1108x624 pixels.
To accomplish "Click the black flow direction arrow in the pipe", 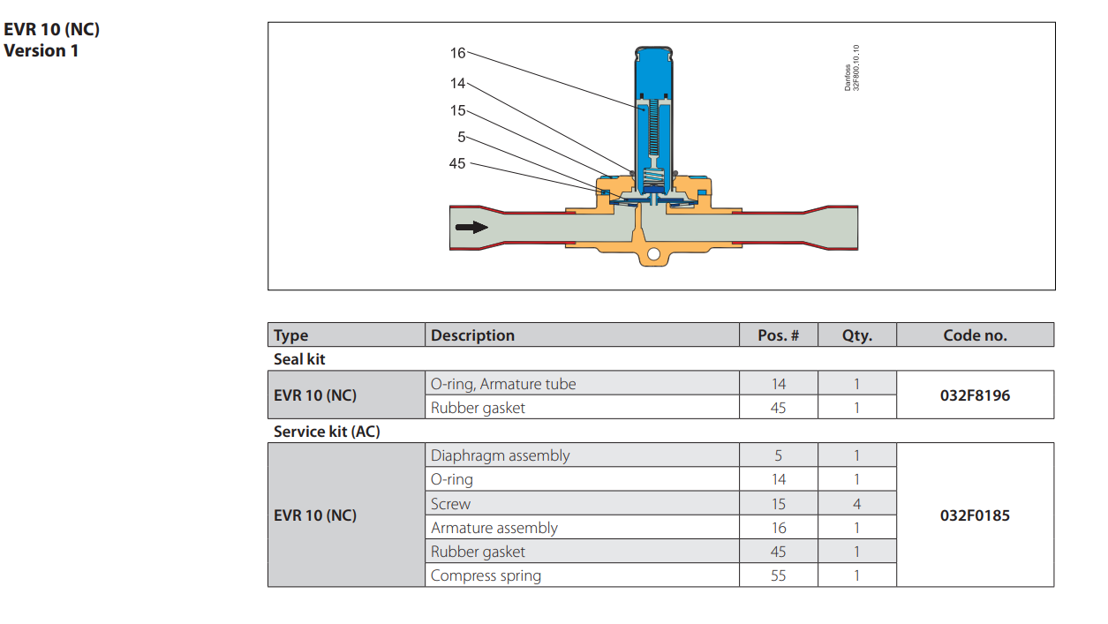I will pyautogui.click(x=471, y=227).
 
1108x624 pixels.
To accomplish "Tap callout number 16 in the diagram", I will pyautogui.click(x=457, y=53).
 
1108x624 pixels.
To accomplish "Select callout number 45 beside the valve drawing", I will pyautogui.click(x=457, y=163).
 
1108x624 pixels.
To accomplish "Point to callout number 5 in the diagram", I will pyautogui.click(x=462, y=137).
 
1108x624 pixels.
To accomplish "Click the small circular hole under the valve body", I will pyautogui.click(x=652, y=255).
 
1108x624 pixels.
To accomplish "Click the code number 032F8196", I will pyautogui.click(x=975, y=395).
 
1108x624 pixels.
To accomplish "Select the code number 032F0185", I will pyautogui.click(x=975, y=515).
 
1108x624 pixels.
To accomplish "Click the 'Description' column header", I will pyautogui.click(x=472, y=335).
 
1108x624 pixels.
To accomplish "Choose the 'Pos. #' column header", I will pyautogui.click(x=778, y=335).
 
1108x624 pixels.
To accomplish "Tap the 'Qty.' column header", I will pyautogui.click(x=856, y=335).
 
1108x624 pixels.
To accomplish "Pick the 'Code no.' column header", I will pyautogui.click(x=975, y=335).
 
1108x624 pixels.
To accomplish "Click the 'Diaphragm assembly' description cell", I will pyautogui.click(x=500, y=455).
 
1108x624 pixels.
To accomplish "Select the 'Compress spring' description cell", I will pyautogui.click(x=486, y=575).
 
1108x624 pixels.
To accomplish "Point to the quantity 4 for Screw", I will pyautogui.click(x=856, y=504).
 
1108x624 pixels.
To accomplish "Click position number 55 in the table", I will pyautogui.click(x=778, y=575).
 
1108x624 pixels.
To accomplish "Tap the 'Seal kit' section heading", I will pyautogui.click(x=299, y=359).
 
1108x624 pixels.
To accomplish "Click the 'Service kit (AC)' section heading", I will pyautogui.click(x=327, y=432).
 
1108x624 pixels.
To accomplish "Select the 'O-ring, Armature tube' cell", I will pyautogui.click(x=502, y=384).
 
